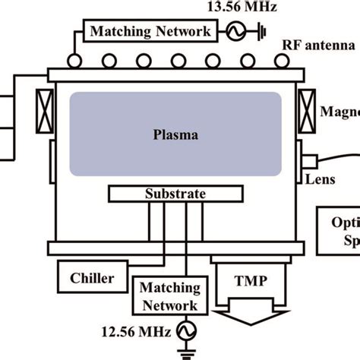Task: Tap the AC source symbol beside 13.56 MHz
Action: click(x=233, y=32)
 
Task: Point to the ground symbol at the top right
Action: click(x=261, y=32)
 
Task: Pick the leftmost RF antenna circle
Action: click(x=75, y=59)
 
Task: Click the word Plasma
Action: click(x=175, y=137)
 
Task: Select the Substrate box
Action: click(x=175, y=194)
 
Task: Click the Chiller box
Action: click(x=92, y=278)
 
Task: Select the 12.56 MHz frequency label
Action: click(x=135, y=331)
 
